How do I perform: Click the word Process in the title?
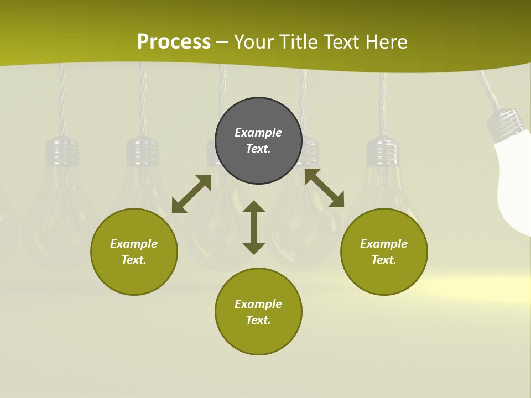coord(174,42)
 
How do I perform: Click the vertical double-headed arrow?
coord(254,227)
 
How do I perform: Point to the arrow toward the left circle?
coord(191,194)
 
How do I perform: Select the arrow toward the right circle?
coord(324,188)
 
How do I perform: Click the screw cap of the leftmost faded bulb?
coord(61,151)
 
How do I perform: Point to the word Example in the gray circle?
coord(258,133)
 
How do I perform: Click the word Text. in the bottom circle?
coord(258,320)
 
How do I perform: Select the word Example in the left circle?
coord(134,244)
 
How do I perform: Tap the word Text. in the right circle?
coord(384,260)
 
